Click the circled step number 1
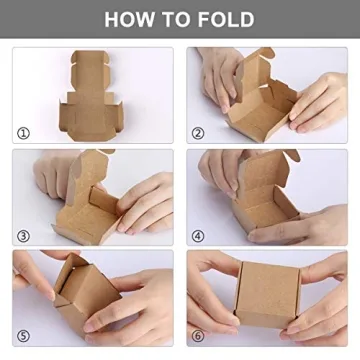pyautogui.click(x=24, y=131)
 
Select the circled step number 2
pyautogui.click(x=198, y=131)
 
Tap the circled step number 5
pyautogui.click(x=24, y=335)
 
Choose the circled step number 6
pyautogui.click(x=198, y=335)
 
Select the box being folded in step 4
pyautogui.click(x=262, y=205)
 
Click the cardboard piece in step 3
pyautogui.click(x=95, y=205)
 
